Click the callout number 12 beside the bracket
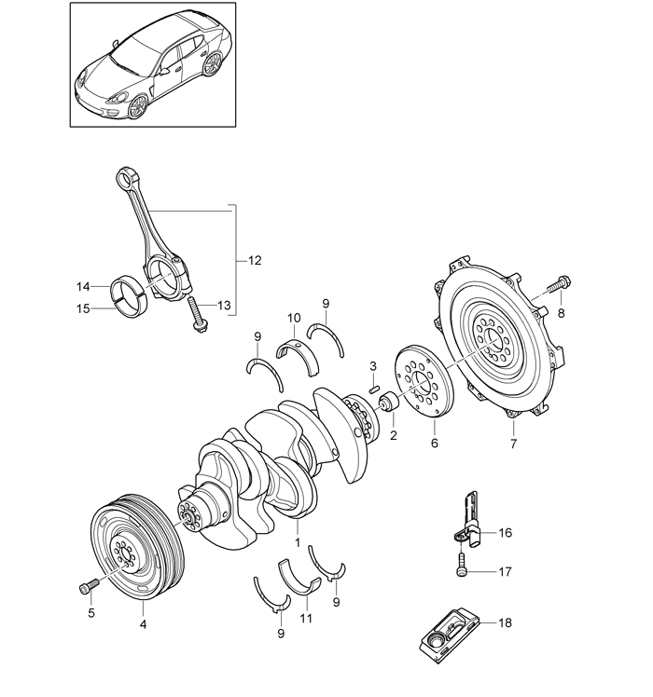click(x=255, y=261)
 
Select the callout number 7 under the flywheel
click(x=514, y=444)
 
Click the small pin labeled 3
click(x=374, y=389)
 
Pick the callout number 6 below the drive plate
click(x=435, y=443)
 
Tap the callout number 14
click(x=83, y=287)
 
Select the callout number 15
click(x=83, y=308)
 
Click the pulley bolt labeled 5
click(x=89, y=585)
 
